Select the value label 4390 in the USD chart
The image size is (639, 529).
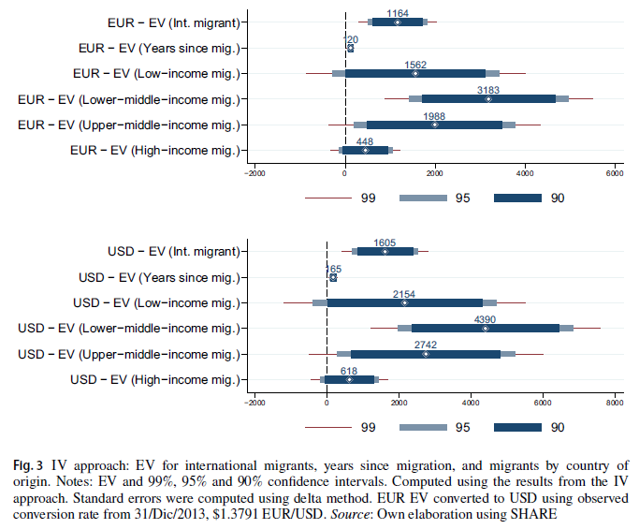[x=485, y=319]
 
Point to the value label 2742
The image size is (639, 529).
[x=425, y=345]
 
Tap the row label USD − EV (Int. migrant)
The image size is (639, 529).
[x=167, y=251]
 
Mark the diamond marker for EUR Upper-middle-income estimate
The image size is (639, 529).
[x=435, y=125]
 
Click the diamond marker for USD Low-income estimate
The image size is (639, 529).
[x=404, y=302]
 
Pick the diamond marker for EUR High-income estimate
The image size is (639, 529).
[x=366, y=150]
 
